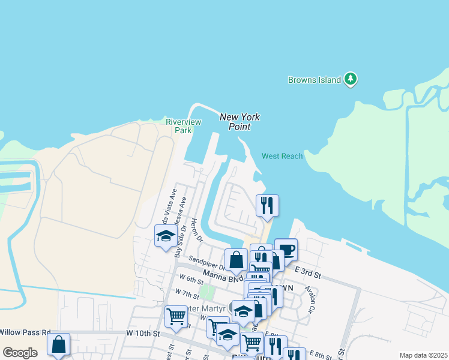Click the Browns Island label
tap(314, 80)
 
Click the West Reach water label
tap(282, 156)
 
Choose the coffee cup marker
tap(286, 249)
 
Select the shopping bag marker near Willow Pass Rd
tap(59, 344)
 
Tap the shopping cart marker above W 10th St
tap(176, 316)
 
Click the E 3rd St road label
tap(308, 275)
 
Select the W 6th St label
tap(192, 279)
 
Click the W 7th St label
tap(187, 294)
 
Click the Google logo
tap(20, 353)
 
